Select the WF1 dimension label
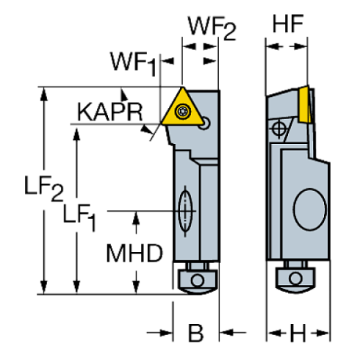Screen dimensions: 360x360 (133, 62)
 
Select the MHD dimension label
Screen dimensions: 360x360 (135, 254)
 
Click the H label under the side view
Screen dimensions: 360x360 (297, 334)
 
